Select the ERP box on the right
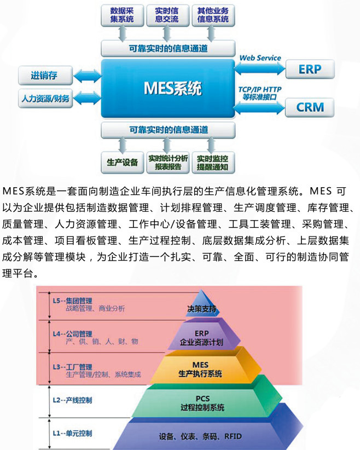(309, 70)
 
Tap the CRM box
(310, 107)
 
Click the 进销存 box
(44, 75)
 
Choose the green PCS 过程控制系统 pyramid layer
(202, 403)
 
